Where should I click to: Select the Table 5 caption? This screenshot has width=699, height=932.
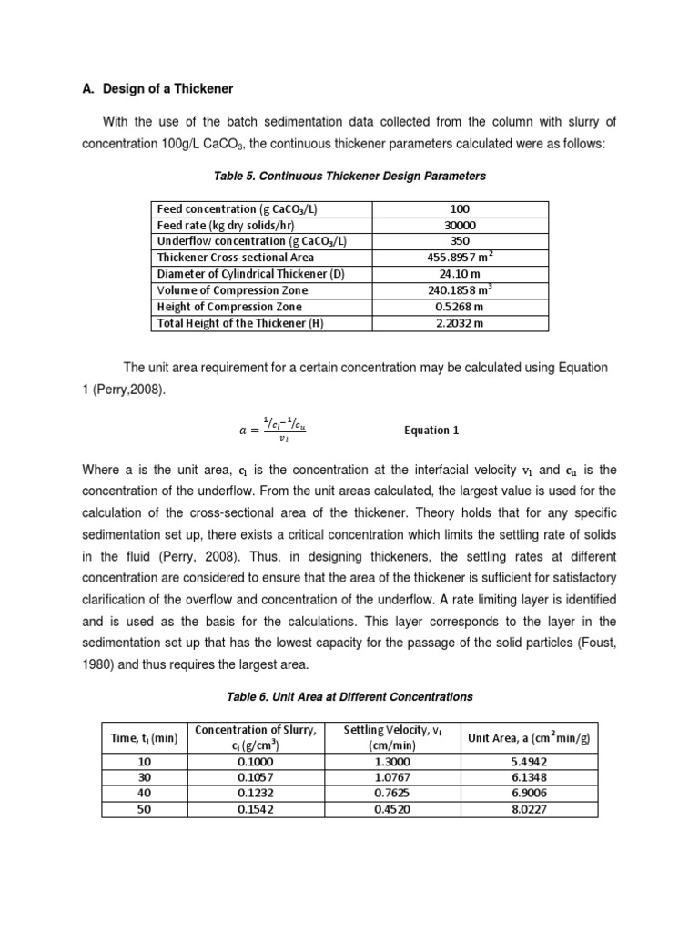[349, 176]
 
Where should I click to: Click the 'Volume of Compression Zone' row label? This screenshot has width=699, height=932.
[233, 290]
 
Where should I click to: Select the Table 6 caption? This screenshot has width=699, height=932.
[349, 696]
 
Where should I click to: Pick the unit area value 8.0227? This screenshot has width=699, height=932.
[529, 808]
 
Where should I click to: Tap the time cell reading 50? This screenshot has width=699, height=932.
[144, 808]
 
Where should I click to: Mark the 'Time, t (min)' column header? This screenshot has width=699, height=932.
[144, 738]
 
